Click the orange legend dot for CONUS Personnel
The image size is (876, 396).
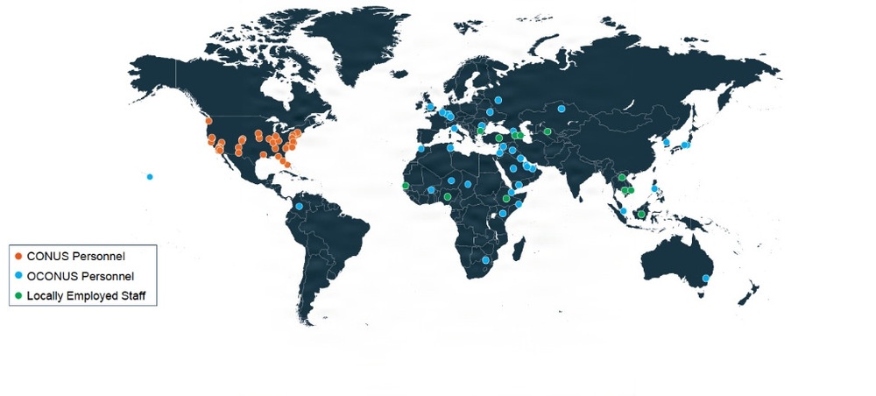(18, 256)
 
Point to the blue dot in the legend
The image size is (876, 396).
(18, 276)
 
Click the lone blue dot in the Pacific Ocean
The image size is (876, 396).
(150, 177)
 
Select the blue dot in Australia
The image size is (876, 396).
(706, 279)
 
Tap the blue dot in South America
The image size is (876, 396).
(299, 207)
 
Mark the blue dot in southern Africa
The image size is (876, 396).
(485, 260)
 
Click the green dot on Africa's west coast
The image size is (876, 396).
(405, 186)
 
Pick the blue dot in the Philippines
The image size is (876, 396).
(654, 188)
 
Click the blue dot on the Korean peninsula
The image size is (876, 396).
(667, 142)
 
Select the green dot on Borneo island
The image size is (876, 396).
(641, 214)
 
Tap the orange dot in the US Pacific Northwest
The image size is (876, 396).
(208, 121)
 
